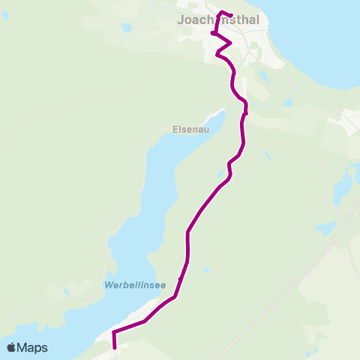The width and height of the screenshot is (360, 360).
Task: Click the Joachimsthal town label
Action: tap(219, 21)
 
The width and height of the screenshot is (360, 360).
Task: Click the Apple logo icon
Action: tap(12, 347)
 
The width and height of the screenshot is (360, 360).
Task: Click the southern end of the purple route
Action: tap(114, 347)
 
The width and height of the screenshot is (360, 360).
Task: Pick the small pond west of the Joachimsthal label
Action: tap(126, 28)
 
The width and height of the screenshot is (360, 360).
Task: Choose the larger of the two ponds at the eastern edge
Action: tap(341, 184)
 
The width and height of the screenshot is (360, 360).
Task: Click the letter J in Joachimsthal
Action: tap(181, 21)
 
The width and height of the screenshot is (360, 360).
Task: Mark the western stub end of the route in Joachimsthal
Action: tap(213, 34)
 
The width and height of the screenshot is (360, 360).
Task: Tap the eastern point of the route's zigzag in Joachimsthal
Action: tap(230, 43)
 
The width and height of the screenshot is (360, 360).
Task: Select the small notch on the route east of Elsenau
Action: tap(245, 114)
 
